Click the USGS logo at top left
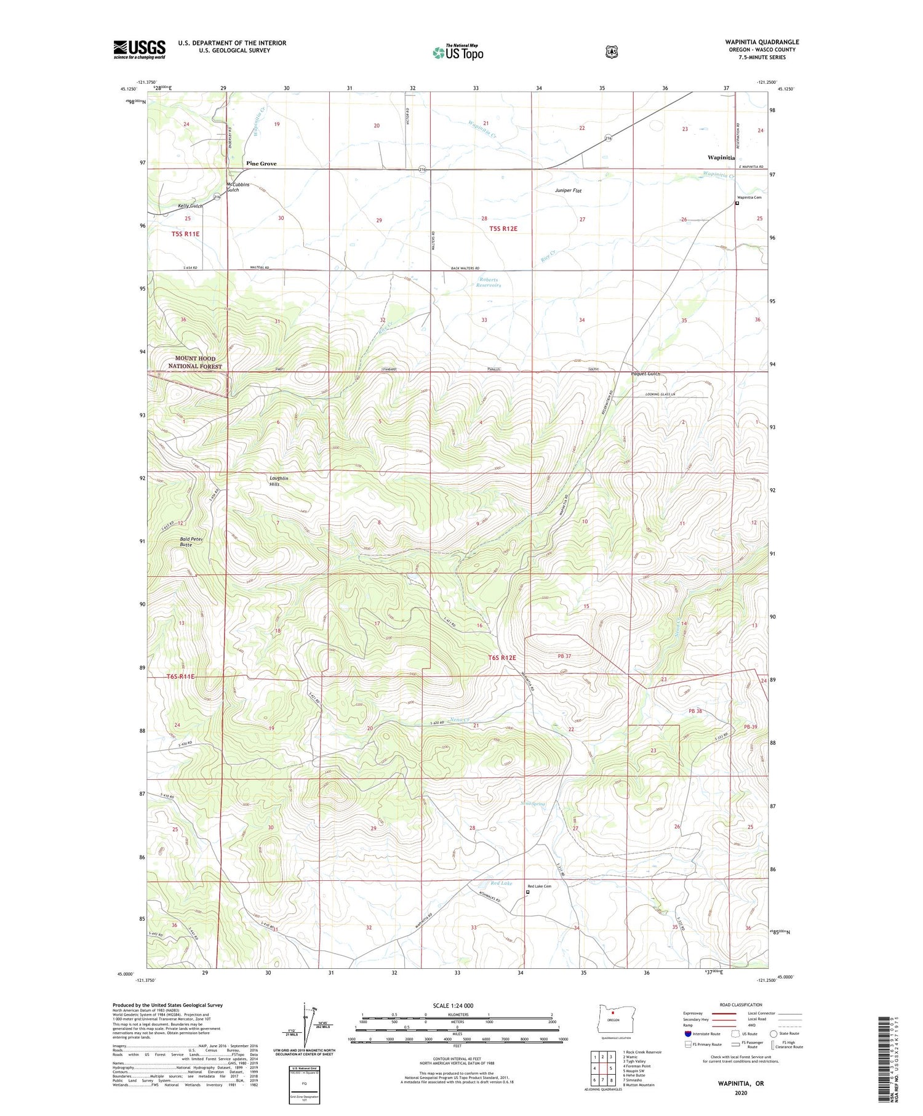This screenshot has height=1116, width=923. (139, 49)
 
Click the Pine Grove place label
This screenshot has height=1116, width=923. (261, 164)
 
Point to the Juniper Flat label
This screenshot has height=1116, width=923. (568, 191)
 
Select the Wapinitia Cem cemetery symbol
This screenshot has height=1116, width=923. (737, 204)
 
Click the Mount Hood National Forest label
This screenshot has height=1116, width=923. (195, 362)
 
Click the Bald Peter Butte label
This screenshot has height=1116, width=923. (191, 542)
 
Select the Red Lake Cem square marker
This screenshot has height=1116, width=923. (527, 891)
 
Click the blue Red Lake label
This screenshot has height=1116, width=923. (501, 883)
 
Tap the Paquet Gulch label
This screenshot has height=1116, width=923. (645, 374)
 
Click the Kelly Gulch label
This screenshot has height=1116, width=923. (190, 206)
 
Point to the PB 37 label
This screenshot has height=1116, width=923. (564, 656)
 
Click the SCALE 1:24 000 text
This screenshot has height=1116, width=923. (453, 1005)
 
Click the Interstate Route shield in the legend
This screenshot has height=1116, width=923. (688, 1034)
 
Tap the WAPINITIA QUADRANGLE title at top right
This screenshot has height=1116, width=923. (761, 42)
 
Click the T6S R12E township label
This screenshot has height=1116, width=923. (501, 657)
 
